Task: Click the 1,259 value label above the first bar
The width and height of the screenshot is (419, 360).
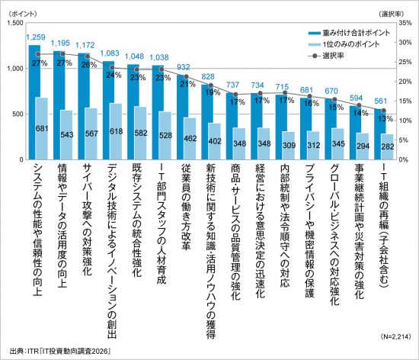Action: tap(36, 37)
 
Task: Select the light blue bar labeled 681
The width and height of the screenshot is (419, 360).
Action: tap(41, 129)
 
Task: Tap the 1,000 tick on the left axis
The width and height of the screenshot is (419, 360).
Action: tap(15, 69)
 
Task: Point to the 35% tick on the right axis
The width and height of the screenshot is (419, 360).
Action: tap(405, 23)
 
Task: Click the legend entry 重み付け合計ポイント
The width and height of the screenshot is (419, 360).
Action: tap(349, 33)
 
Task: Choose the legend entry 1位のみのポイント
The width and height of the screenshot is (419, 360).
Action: tap(344, 44)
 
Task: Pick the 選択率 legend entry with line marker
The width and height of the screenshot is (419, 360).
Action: tap(326, 56)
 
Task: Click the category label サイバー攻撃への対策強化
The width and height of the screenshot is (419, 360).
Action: tap(87, 220)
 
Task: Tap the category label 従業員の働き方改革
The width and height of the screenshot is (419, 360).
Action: tap(186, 207)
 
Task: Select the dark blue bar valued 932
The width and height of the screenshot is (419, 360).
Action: tap(182, 117)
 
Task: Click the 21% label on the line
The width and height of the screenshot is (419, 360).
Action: tap(187, 84)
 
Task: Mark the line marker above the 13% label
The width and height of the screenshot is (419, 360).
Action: tap(383, 111)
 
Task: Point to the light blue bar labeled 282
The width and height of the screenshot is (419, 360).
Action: tap(387, 147)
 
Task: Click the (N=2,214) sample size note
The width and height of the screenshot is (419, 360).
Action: tap(395, 336)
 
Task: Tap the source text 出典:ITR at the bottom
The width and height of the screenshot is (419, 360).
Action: tap(24, 351)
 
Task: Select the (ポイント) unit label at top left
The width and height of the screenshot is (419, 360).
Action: tap(22, 14)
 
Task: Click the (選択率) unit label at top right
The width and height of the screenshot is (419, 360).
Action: tap(392, 14)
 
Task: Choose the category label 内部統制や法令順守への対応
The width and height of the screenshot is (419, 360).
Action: tap(285, 226)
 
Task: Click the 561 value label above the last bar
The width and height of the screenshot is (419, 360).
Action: tap(381, 101)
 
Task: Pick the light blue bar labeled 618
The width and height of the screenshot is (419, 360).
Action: tap(116, 132)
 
